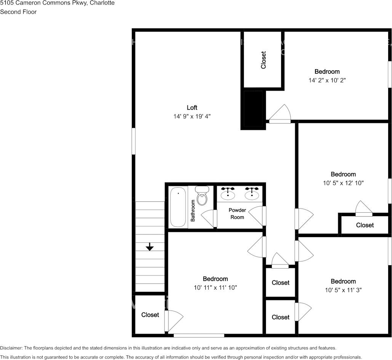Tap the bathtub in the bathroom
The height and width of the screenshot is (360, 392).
pyautogui.click(x=178, y=207)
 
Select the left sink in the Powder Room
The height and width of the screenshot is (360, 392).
pyautogui.click(x=228, y=194)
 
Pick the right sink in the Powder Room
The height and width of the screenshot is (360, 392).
pyautogui.click(x=252, y=194)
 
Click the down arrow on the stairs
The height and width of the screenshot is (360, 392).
pyautogui.click(x=150, y=247)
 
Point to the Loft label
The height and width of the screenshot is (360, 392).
pyautogui.click(x=192, y=108)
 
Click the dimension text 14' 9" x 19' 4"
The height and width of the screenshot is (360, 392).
pyautogui.click(x=192, y=116)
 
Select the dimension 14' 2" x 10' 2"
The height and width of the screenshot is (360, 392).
pyautogui.click(x=327, y=80)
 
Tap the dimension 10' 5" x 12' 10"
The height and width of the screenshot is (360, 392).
pyautogui.click(x=343, y=183)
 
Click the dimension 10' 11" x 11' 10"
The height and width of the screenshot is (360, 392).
pyautogui.click(x=215, y=288)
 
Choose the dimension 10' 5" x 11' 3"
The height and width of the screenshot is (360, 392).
pyautogui.click(x=343, y=290)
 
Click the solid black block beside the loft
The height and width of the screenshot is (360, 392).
pyautogui.click(x=253, y=109)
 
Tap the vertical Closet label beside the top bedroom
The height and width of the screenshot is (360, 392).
pyautogui.click(x=263, y=60)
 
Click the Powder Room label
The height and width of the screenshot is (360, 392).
pyautogui.click(x=237, y=213)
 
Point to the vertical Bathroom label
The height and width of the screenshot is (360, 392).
pyautogui.click(x=193, y=210)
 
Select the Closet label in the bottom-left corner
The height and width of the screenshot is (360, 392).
pyautogui.click(x=150, y=315)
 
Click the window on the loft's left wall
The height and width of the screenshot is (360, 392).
pyautogui.click(x=133, y=141)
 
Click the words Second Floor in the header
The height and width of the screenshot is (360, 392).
pyautogui.click(x=18, y=12)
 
